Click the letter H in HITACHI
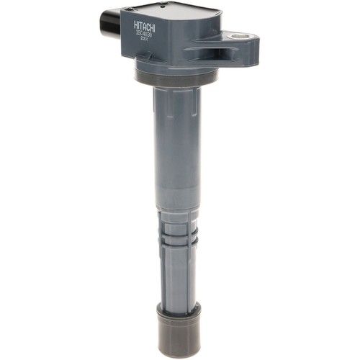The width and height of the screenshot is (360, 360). tap(137, 27)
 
